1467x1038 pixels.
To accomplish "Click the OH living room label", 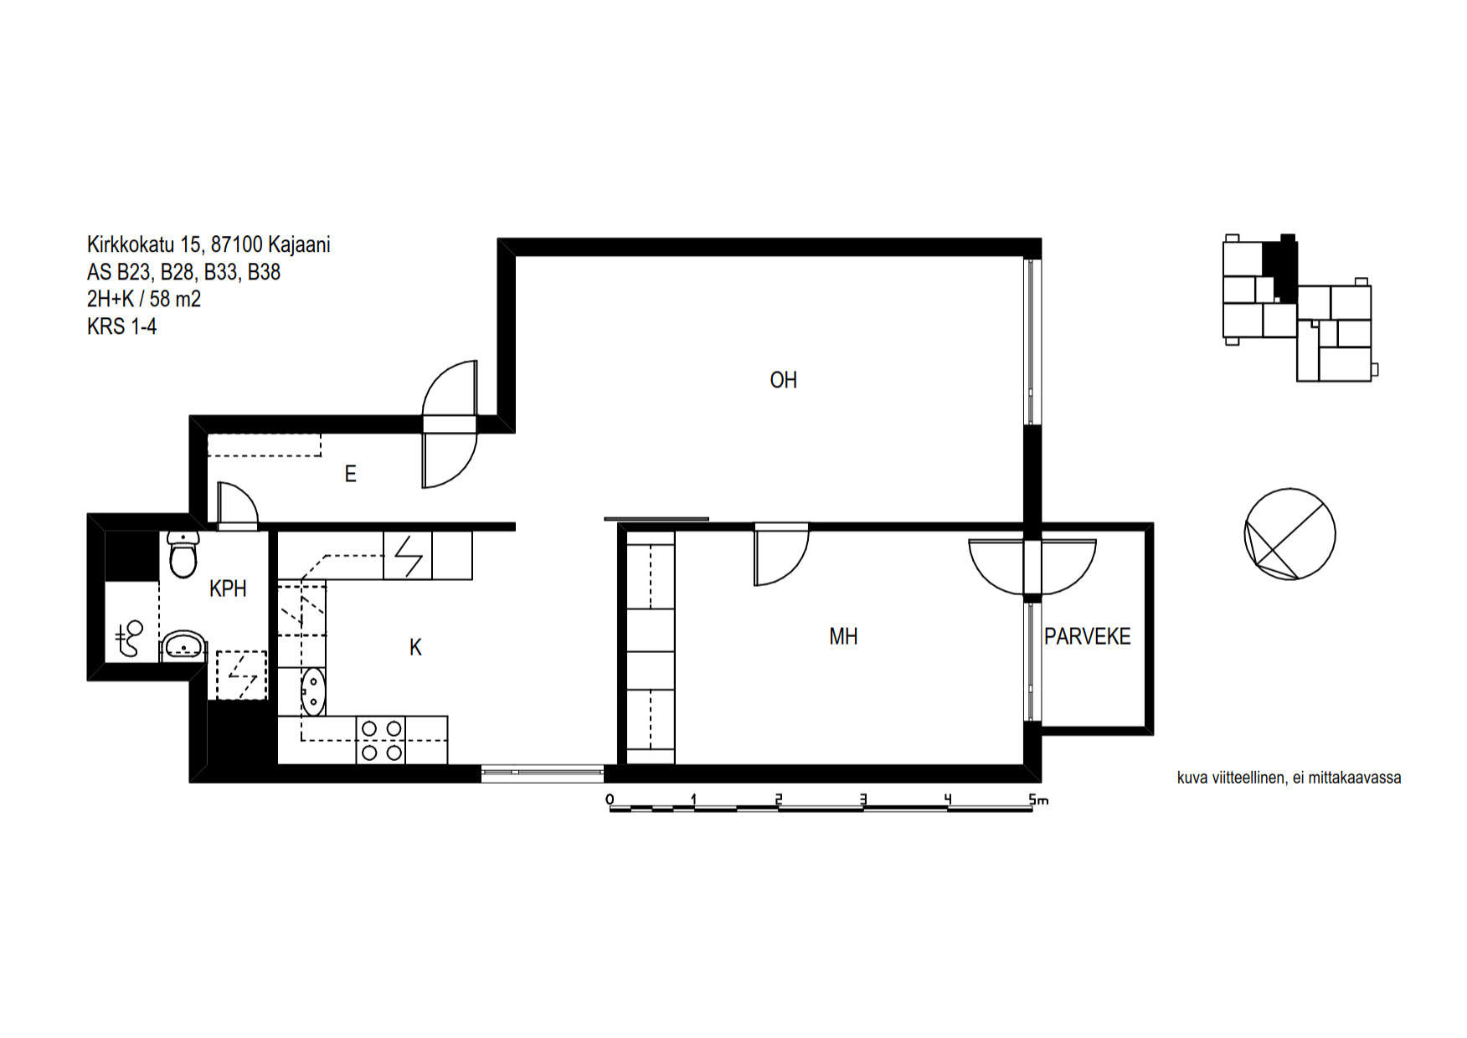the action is click(x=783, y=380).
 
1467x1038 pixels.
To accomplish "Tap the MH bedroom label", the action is click(x=843, y=637).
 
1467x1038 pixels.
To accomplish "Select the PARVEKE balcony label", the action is click(x=1087, y=636).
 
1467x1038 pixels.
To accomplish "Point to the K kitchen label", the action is click(x=415, y=647).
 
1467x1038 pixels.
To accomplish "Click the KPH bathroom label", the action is click(x=228, y=588).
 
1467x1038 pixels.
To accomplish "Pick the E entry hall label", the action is click(x=350, y=474).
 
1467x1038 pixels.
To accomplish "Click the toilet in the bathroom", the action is click(x=183, y=554).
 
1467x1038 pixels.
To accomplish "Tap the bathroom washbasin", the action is click(x=183, y=646).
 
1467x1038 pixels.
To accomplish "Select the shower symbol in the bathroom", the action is click(x=130, y=640).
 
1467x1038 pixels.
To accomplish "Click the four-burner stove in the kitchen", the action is click(x=381, y=740).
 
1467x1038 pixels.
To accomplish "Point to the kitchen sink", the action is click(x=312, y=691).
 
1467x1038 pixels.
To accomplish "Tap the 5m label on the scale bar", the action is click(x=1038, y=799).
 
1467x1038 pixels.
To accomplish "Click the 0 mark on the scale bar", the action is click(x=610, y=799).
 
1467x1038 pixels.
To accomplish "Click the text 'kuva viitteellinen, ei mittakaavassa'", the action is click(x=1289, y=778).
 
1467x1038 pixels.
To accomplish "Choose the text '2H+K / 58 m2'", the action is click(x=144, y=299).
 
